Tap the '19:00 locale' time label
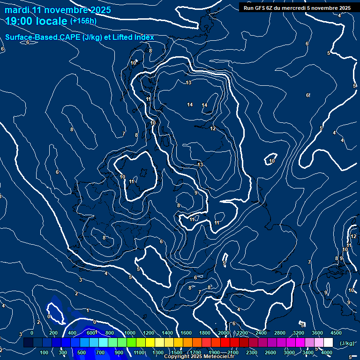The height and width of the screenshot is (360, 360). click(37, 21)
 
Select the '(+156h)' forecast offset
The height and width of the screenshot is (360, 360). click(83, 21)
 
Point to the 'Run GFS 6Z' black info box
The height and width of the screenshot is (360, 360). click(297, 8)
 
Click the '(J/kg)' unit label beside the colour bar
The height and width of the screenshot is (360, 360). click(346, 344)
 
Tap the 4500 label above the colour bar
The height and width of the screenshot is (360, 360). click(336, 333)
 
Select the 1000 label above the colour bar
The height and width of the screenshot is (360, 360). click(129, 333)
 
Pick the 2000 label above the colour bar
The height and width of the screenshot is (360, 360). click(224, 333)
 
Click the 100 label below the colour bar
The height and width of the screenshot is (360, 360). click(44, 352)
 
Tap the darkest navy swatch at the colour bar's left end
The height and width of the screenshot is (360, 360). click(28, 343)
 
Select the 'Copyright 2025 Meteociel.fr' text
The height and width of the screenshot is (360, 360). click(199, 357)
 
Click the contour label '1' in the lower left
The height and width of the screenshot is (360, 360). click(88, 310)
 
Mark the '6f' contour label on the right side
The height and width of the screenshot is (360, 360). click(308, 96)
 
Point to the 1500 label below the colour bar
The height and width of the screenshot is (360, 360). click(177, 352)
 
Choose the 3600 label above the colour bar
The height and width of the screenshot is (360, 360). click(317, 333)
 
